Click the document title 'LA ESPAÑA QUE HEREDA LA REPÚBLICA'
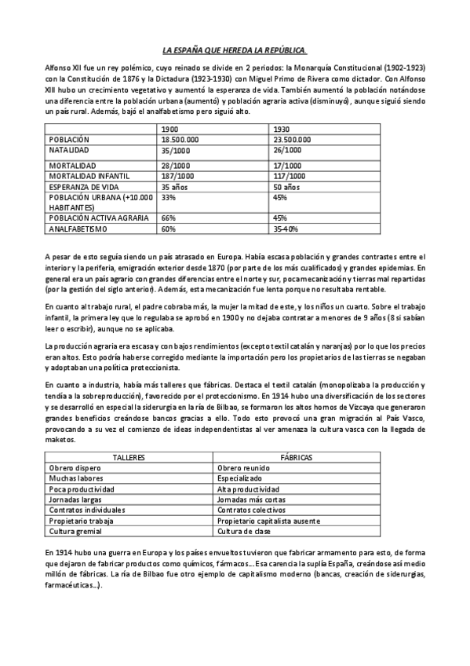(235, 49)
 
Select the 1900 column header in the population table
(170, 129)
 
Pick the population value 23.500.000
(293, 139)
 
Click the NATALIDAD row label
(69, 148)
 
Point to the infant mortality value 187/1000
(177, 177)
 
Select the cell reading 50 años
(286, 188)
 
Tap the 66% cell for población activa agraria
(168, 218)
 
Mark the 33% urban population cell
(168, 198)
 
